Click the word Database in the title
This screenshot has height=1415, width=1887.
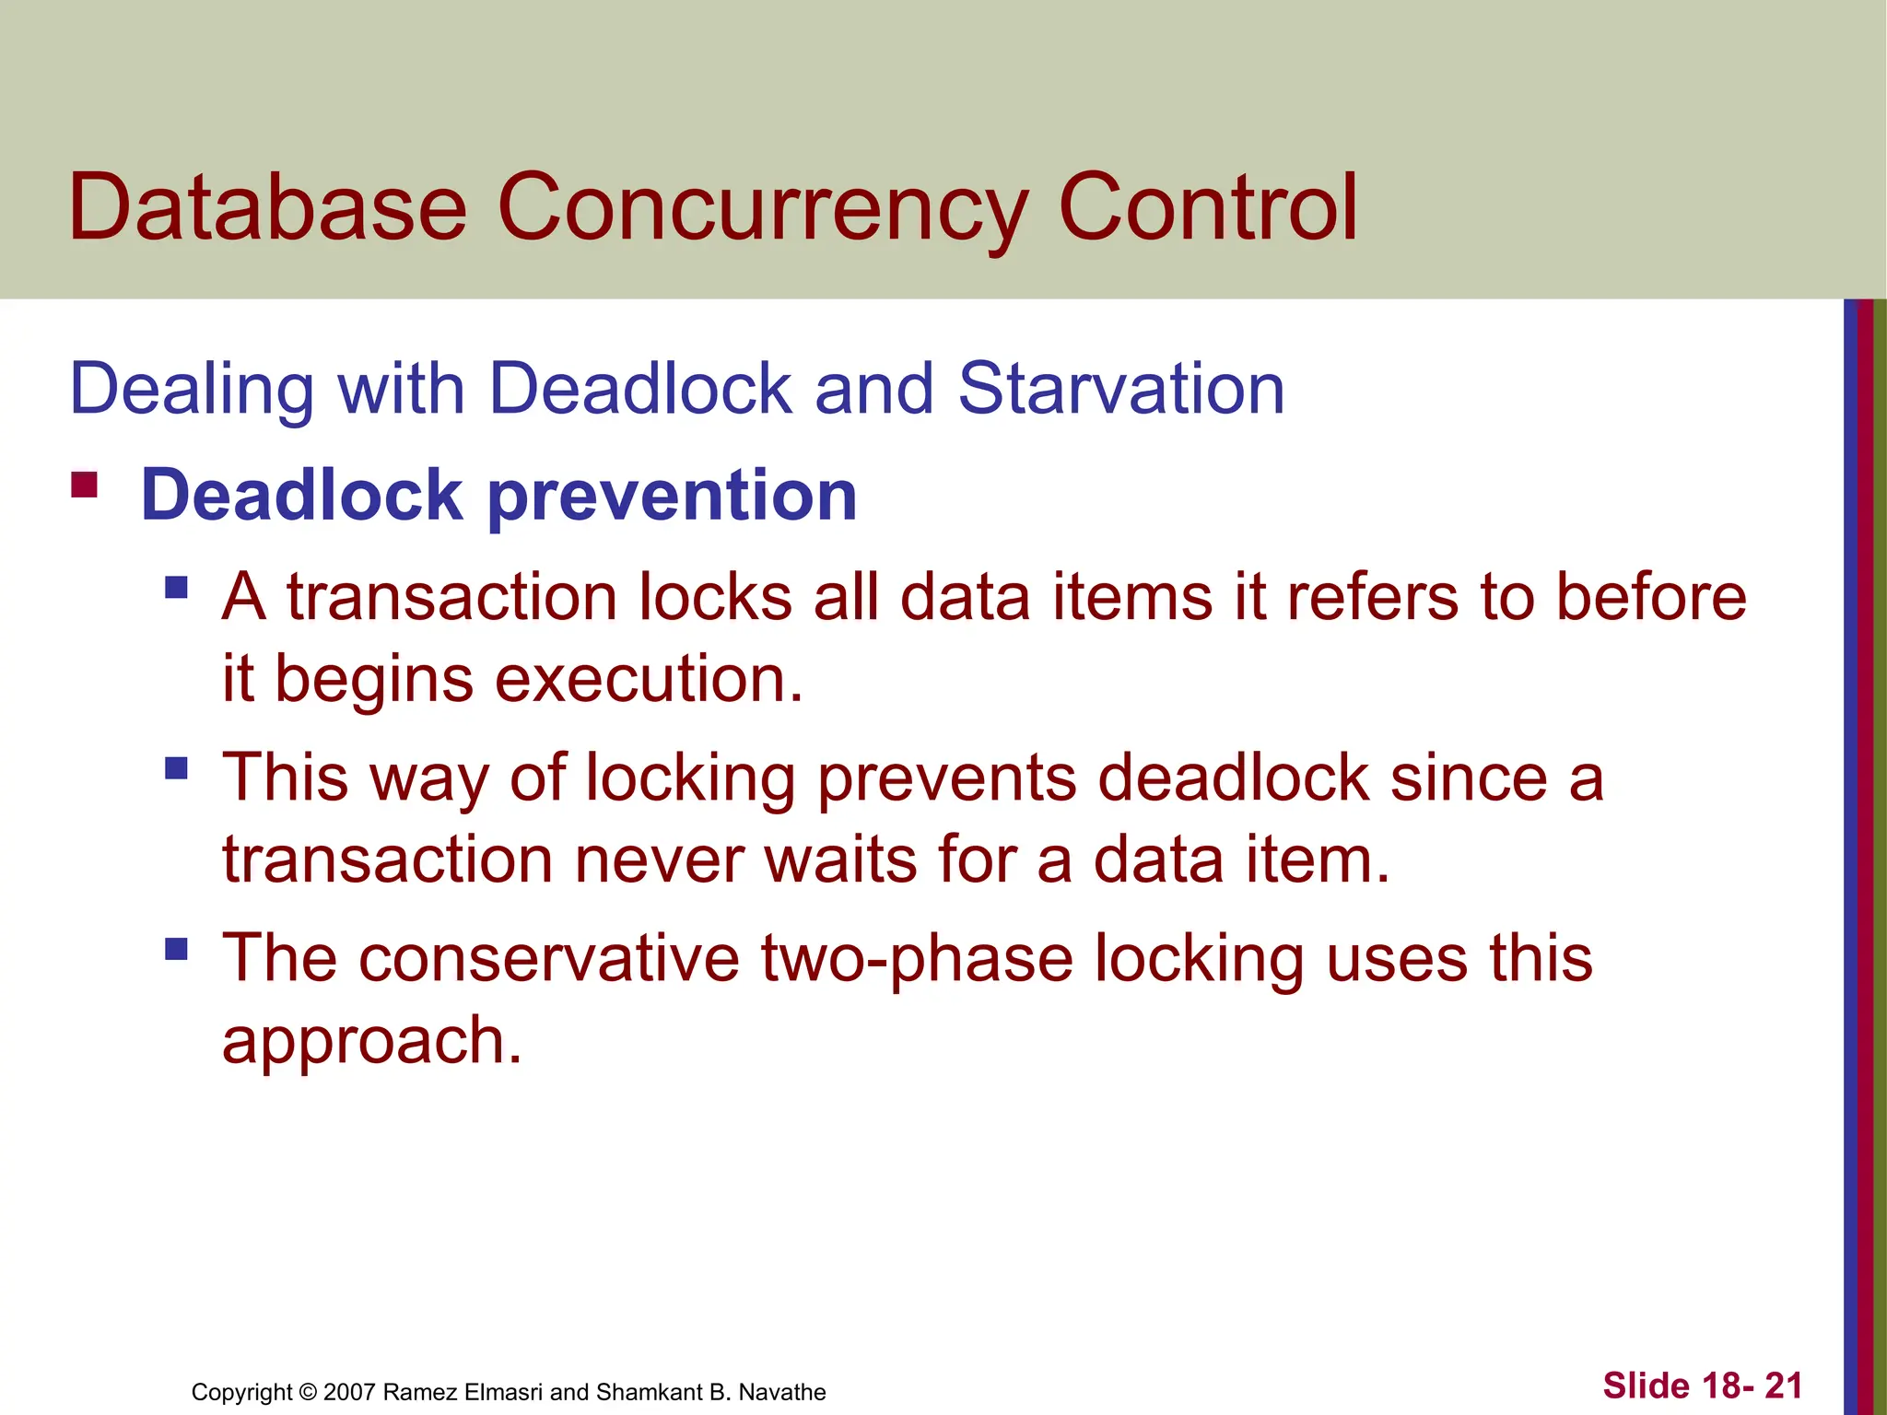[267, 208]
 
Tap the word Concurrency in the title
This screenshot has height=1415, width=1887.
[761, 208]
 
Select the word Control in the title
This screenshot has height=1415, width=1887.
[1207, 208]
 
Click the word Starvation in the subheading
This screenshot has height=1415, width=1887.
[1120, 389]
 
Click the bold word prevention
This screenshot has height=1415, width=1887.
[672, 497]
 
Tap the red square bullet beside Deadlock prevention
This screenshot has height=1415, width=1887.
[85, 485]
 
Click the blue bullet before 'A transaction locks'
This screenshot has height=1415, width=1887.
[176, 588]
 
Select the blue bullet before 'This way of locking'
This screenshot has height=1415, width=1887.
[176, 768]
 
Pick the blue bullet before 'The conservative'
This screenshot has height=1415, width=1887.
[176, 949]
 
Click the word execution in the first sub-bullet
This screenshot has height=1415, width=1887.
[649, 680]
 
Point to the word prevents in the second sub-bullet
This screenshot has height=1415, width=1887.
[947, 778]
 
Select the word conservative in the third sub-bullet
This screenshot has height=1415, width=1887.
[549, 958]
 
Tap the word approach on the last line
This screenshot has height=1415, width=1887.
[372, 1041]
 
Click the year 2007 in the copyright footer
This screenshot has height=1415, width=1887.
[349, 1392]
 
